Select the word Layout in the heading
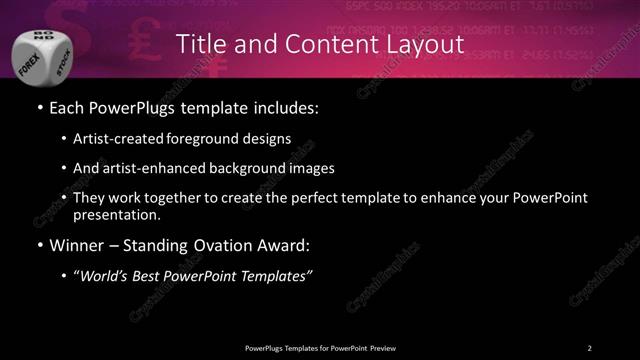tap(424, 45)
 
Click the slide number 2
tap(590, 347)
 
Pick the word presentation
tap(116, 214)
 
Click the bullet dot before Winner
tap(38, 244)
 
